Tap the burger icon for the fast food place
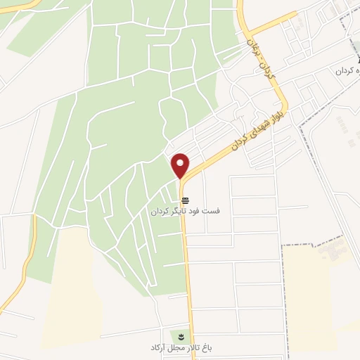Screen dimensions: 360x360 tap(184, 200)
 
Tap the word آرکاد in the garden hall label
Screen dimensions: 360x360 tap(157, 348)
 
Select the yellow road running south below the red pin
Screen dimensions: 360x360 tap(187, 267)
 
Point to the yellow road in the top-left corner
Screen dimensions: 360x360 tap(21, 6)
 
